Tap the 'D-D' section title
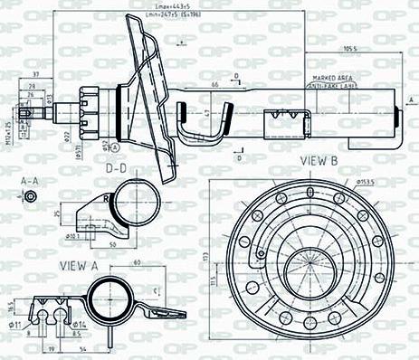pos(115,168)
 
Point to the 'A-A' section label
pos(29,181)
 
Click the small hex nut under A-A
pos(32,197)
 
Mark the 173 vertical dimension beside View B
pos(205,257)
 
